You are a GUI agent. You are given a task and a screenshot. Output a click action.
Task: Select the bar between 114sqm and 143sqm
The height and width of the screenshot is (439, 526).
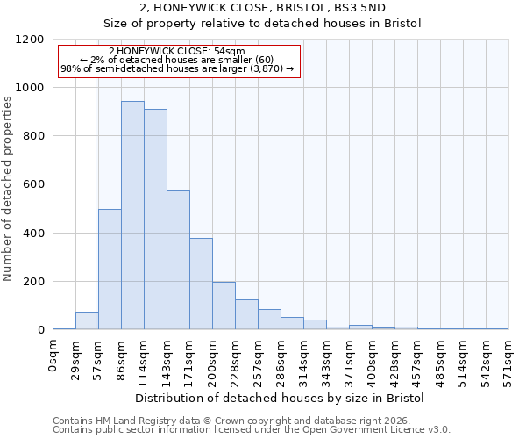[x=155, y=219]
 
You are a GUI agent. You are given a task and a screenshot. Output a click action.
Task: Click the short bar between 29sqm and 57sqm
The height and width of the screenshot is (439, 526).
[x=87, y=321]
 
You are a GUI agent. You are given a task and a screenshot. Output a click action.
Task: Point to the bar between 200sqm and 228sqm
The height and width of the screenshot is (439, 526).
[x=224, y=306]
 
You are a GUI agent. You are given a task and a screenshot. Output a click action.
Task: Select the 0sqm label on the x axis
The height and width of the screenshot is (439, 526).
[x=53, y=356]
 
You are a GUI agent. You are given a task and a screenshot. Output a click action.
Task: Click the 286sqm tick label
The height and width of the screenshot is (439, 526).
[x=281, y=361]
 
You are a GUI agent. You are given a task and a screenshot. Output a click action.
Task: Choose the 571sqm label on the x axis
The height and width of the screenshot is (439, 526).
[x=509, y=361]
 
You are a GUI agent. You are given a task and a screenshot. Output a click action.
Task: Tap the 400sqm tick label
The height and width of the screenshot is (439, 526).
[x=373, y=361]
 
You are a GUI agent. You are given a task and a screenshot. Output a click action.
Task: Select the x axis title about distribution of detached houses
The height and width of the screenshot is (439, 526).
[x=281, y=398]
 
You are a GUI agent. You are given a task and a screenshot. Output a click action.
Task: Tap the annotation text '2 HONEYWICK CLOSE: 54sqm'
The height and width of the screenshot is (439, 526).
[x=177, y=52]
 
